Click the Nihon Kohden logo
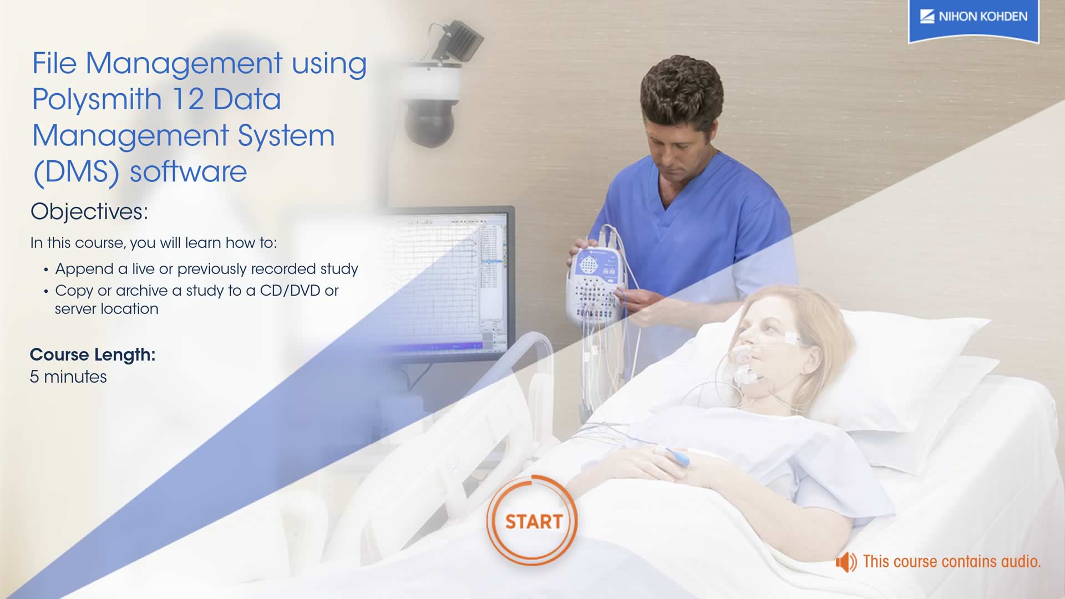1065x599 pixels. pyautogui.click(x=973, y=21)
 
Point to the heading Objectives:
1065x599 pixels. pyautogui.click(x=89, y=212)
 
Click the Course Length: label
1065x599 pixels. pyautogui.click(x=93, y=355)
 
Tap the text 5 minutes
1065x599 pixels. pyautogui.click(x=68, y=377)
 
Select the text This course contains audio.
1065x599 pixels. pyautogui.click(x=952, y=562)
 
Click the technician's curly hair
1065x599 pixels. pyautogui.click(x=682, y=92)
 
